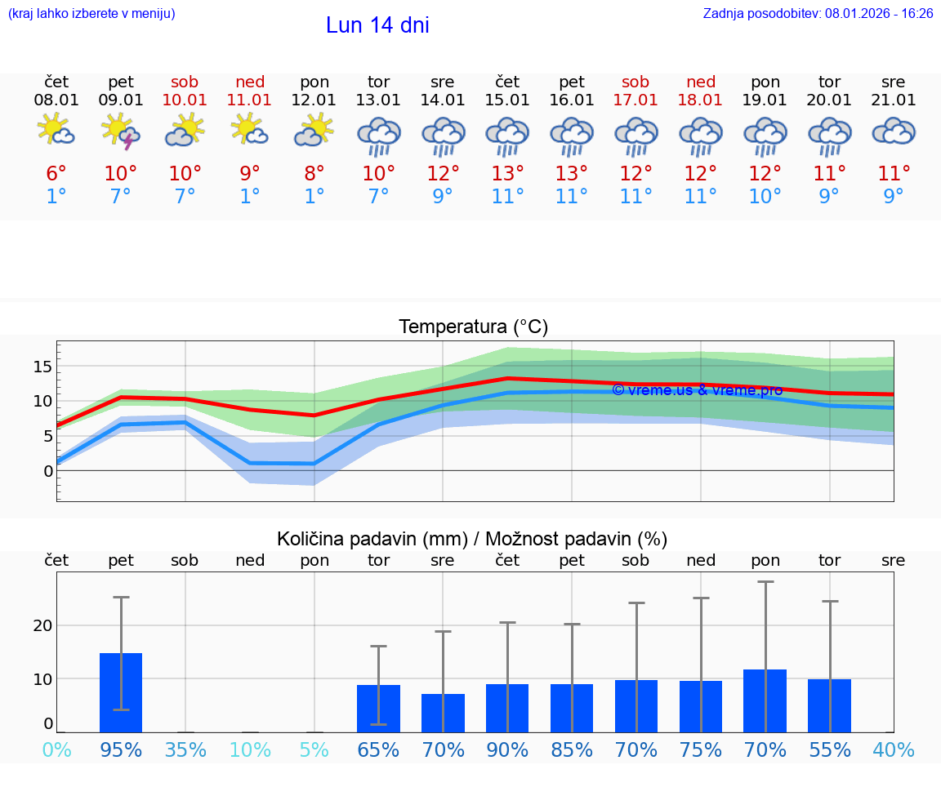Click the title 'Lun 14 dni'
pos(377,25)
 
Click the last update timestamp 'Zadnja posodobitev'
pos(818,14)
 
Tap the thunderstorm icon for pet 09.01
pos(121,131)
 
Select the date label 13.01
pos(378,100)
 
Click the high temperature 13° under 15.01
pos(507,174)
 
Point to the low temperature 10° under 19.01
pos(765,197)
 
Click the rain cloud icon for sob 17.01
pos(636,136)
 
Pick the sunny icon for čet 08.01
pos(56,131)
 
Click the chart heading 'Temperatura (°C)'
pos(473,327)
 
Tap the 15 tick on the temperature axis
pos(42,367)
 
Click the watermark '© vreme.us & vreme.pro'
pos(697,390)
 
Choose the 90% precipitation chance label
pos(507,749)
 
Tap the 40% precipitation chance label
pos(894,749)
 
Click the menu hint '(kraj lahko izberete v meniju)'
pos(91,14)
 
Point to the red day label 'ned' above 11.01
pos(250,82)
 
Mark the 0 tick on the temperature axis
pos(47,471)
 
